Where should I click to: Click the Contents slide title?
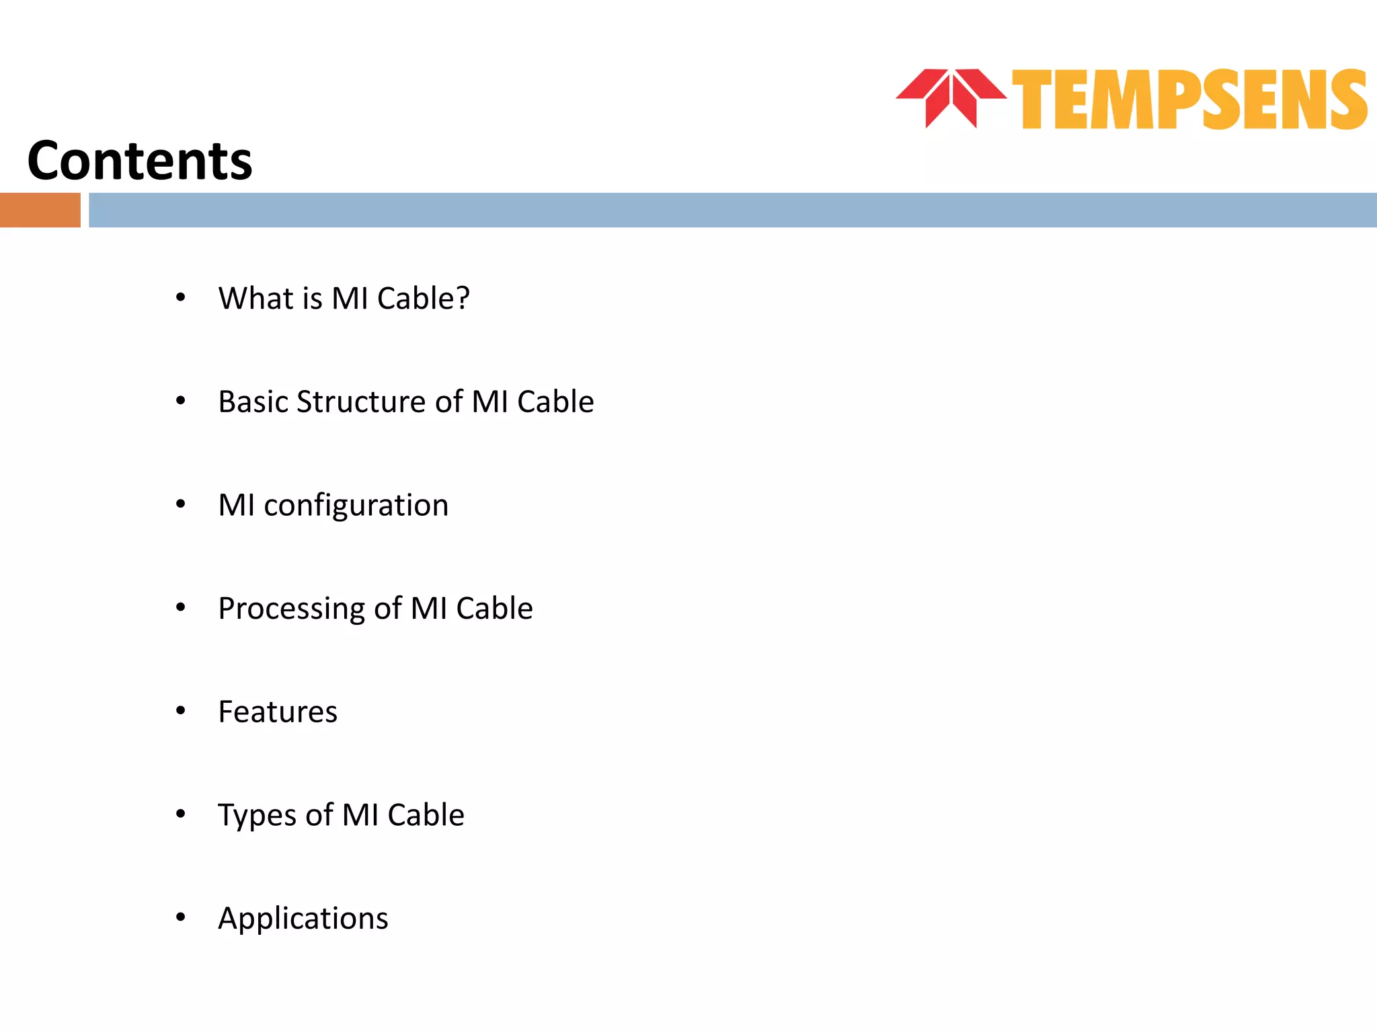coord(140,161)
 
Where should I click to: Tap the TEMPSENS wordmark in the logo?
coord(1189,100)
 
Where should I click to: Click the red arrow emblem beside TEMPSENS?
coord(951,96)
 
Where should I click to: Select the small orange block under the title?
coord(40,210)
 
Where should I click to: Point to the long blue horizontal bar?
coord(732,210)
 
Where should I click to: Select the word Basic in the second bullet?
coord(253,401)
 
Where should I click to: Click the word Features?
coord(278,712)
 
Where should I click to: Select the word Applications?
coord(303,919)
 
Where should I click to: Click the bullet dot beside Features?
coord(180,711)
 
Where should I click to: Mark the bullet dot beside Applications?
coord(180,917)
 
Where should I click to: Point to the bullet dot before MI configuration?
coord(180,504)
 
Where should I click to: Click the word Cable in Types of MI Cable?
coord(426,814)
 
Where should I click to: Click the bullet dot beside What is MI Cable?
coord(180,297)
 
